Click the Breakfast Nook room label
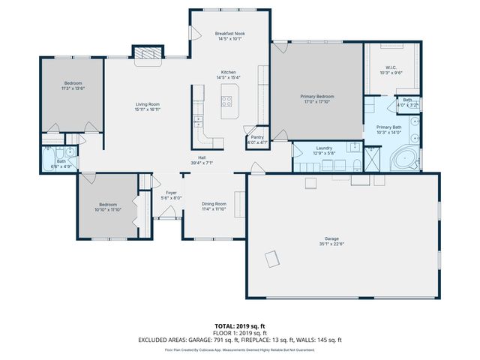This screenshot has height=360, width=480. (x=229, y=34)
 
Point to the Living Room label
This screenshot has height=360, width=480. (x=148, y=104)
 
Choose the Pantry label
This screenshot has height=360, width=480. (x=257, y=137)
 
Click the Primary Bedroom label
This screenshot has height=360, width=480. (x=318, y=97)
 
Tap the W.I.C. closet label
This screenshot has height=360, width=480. (x=391, y=67)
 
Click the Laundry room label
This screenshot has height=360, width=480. (x=324, y=148)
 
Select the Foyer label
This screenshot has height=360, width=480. (x=171, y=193)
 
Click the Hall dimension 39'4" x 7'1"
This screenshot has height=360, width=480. (x=202, y=162)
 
